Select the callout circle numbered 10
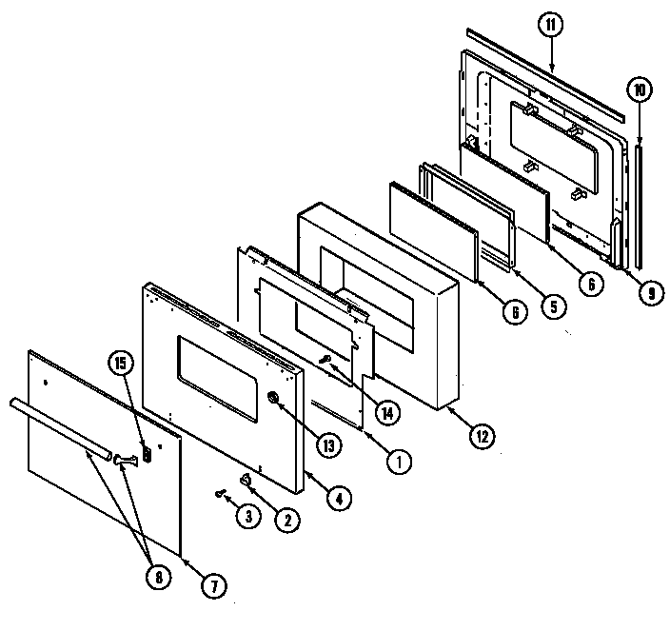tap(638, 90)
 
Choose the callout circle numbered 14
tap(387, 412)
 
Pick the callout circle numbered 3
tap(248, 518)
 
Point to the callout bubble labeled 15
tap(120, 362)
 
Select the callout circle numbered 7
tap(214, 585)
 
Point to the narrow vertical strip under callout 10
tap(636, 204)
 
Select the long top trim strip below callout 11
tap(542, 76)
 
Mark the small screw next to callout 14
tap(325, 359)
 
